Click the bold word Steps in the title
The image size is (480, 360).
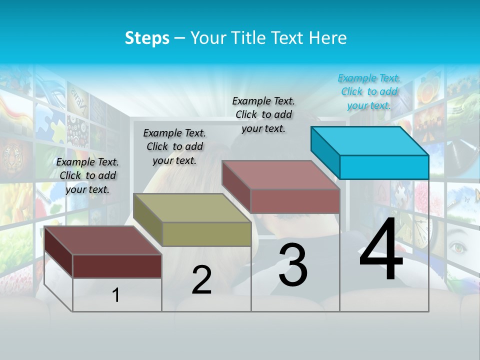[147, 38]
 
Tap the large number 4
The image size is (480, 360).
[381, 250]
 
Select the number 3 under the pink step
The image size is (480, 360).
[293, 265]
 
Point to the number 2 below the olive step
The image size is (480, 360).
[202, 280]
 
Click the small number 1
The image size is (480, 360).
[116, 295]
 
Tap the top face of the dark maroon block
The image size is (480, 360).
[103, 240]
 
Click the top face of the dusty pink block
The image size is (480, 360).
[281, 175]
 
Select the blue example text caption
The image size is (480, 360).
[369, 91]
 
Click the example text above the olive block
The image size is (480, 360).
[174, 146]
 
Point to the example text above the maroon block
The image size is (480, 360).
[87, 175]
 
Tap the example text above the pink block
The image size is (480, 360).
[263, 114]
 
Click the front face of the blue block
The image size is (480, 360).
[384, 167]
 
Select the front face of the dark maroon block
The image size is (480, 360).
[117, 266]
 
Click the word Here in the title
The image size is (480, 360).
[328, 38]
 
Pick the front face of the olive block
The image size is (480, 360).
[206, 234]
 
